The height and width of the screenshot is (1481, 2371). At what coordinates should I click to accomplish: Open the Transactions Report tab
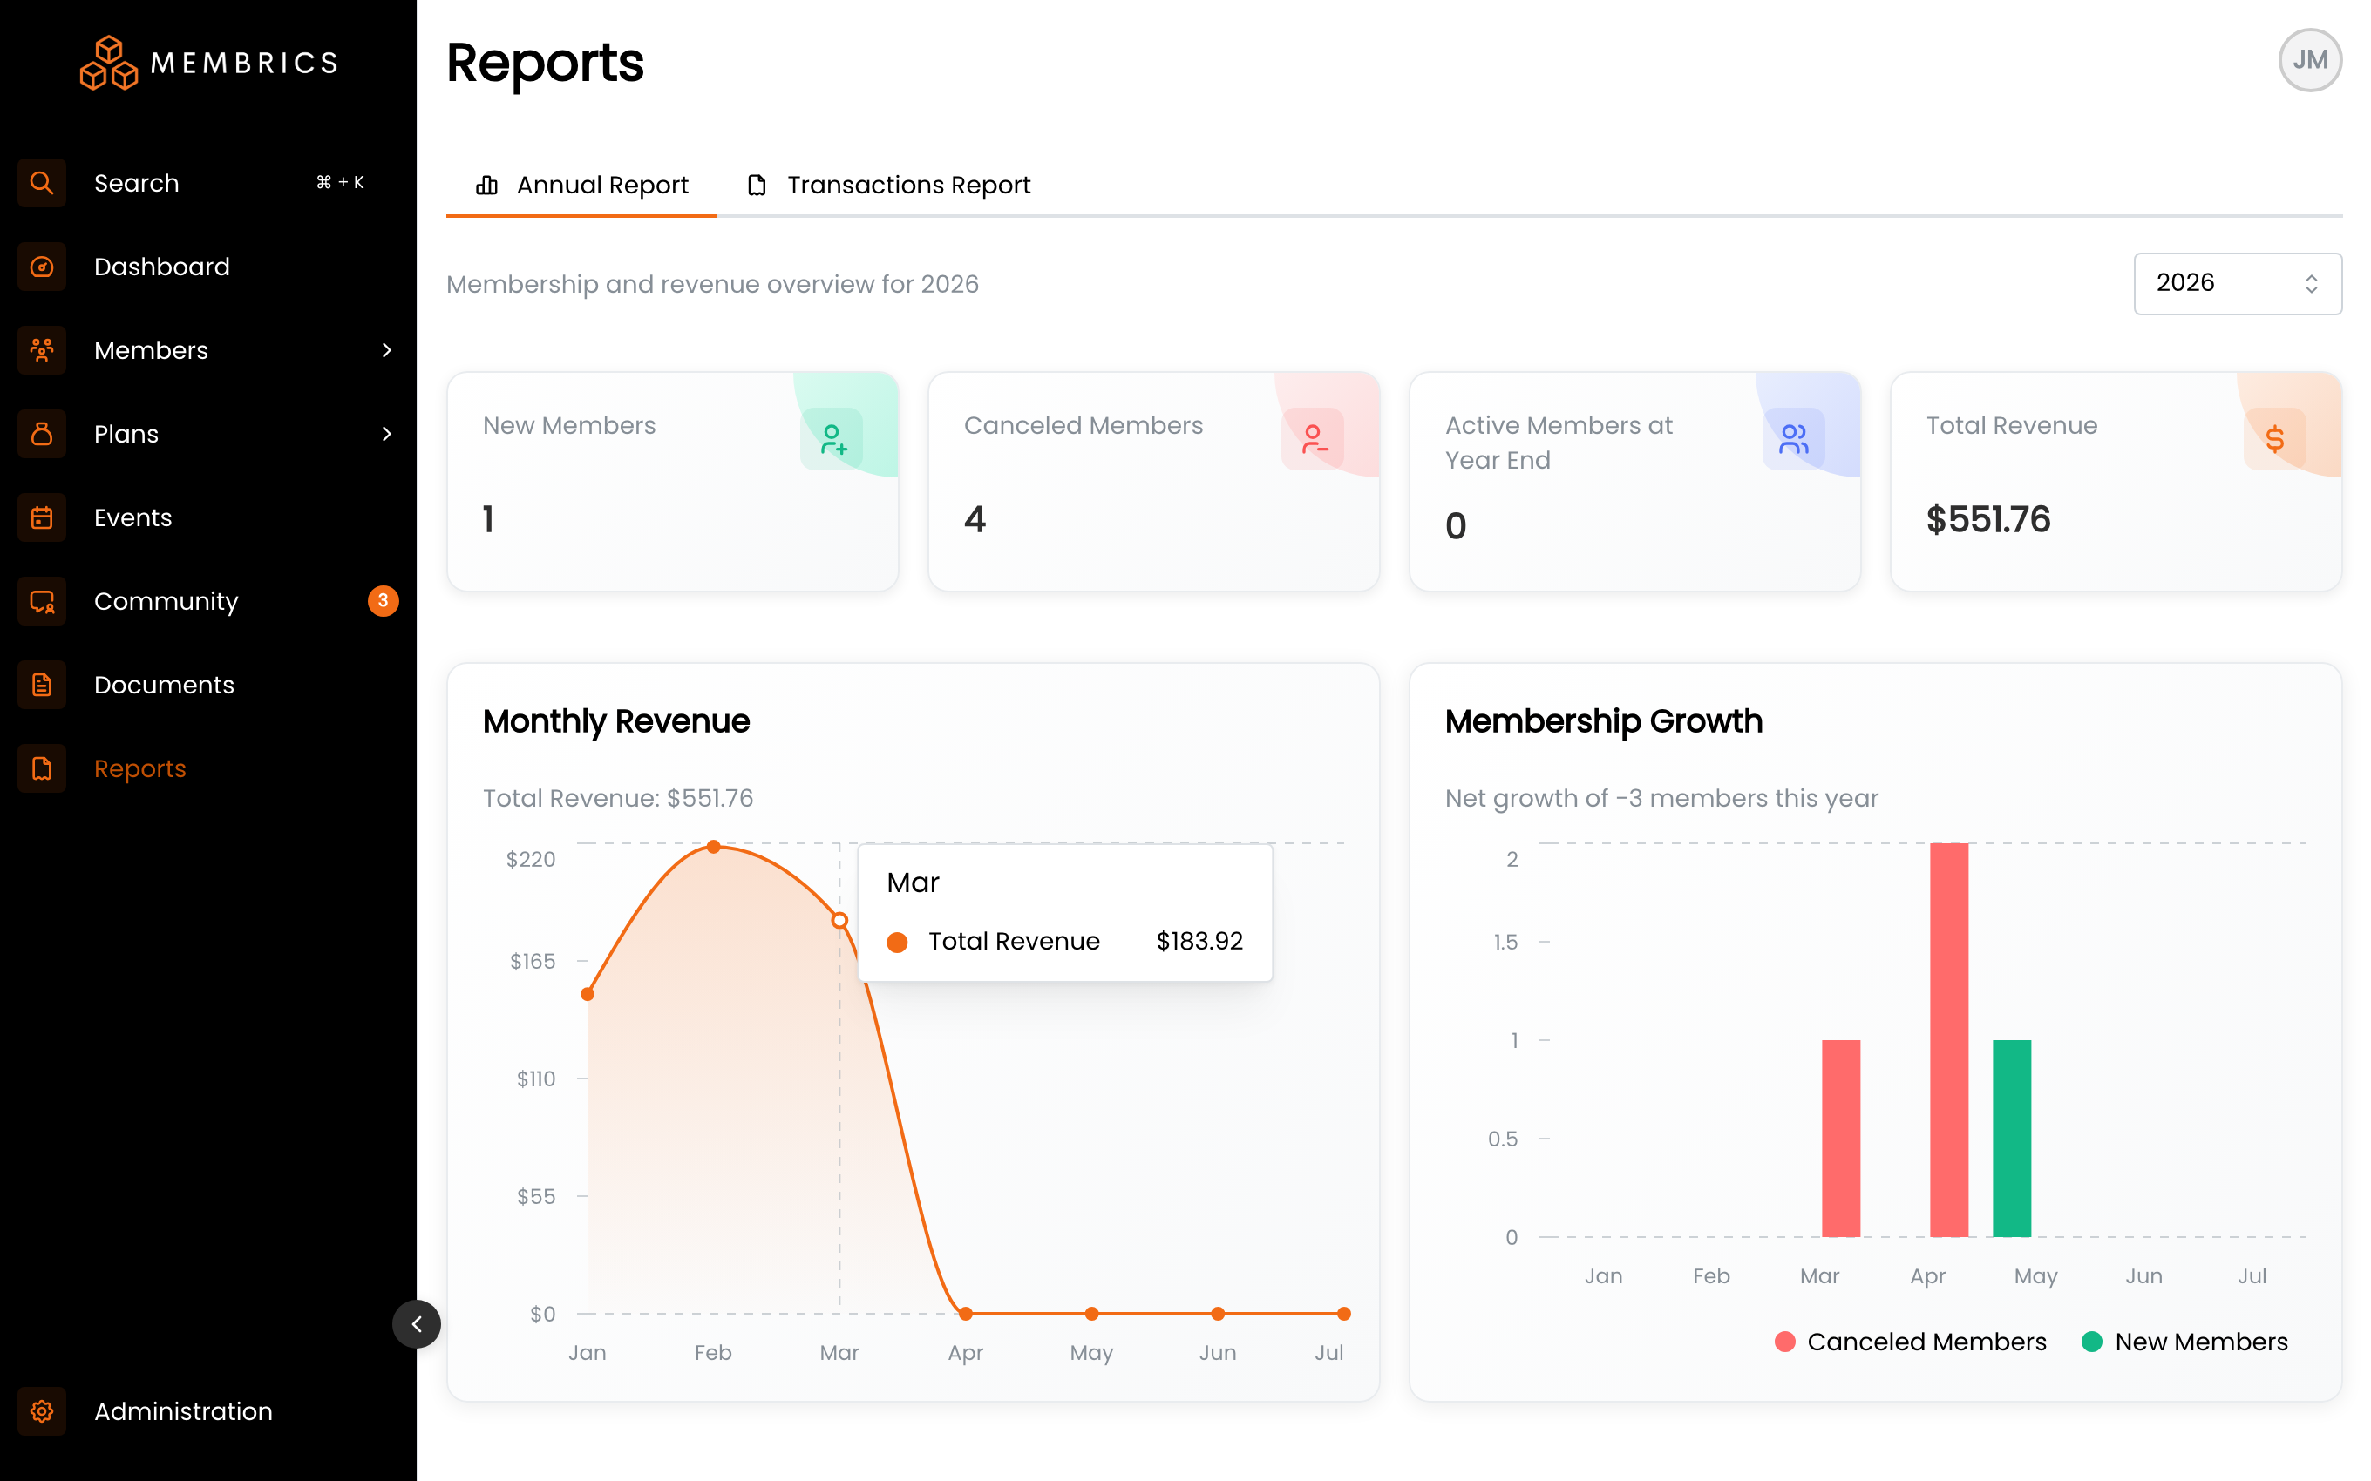click(888, 185)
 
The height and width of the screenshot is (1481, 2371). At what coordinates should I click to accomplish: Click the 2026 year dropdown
click(2237, 283)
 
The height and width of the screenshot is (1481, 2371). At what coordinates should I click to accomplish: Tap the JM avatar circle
click(2309, 60)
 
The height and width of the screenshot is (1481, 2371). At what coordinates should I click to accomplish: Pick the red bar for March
click(1840, 1138)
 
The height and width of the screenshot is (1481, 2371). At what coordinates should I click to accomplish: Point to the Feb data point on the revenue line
click(713, 846)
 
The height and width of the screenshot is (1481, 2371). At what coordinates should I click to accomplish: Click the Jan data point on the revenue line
click(587, 994)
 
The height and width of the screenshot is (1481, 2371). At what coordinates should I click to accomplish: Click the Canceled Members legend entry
click(1910, 1342)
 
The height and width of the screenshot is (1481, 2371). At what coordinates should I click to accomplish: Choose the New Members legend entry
click(2184, 1342)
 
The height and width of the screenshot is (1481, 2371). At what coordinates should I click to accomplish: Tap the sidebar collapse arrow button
click(417, 1324)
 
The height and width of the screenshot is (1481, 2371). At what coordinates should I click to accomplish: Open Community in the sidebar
click(166, 601)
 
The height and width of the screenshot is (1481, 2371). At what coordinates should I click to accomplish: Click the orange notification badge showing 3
click(382, 600)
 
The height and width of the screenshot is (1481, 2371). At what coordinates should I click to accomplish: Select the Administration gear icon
click(41, 1411)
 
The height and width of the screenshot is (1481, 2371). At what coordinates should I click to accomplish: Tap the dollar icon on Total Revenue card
click(2274, 439)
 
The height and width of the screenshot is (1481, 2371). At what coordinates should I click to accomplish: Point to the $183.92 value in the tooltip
click(1199, 941)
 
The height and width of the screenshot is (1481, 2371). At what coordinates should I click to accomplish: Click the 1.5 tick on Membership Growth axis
click(1505, 943)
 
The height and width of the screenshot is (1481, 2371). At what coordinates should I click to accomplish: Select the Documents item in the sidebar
click(164, 685)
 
